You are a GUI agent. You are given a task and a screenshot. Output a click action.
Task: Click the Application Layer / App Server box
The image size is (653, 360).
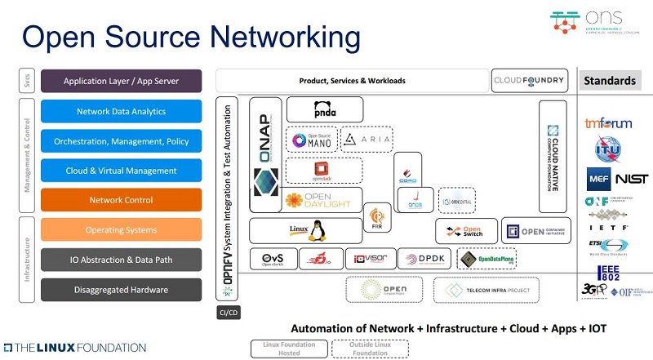121,82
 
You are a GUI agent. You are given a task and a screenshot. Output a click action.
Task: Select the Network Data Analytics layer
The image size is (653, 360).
121,112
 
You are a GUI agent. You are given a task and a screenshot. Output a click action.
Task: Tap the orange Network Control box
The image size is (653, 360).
121,200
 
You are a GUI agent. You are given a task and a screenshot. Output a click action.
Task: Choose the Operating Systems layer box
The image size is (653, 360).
121,230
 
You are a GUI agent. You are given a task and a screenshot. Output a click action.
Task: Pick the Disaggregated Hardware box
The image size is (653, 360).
121,289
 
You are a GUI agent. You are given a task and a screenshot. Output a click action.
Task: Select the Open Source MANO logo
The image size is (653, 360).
312,140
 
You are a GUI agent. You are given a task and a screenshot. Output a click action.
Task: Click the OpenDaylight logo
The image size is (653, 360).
319,200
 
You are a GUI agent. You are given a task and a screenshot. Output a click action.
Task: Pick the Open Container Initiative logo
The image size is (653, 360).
535,231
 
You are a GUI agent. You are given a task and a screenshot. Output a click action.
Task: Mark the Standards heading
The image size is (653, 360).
609,81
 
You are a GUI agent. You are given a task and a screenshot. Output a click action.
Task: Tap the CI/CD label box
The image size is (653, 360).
228,313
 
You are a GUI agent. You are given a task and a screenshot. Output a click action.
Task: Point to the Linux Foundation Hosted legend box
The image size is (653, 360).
288,349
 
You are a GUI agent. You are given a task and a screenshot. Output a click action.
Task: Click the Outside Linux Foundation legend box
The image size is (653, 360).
369,349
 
